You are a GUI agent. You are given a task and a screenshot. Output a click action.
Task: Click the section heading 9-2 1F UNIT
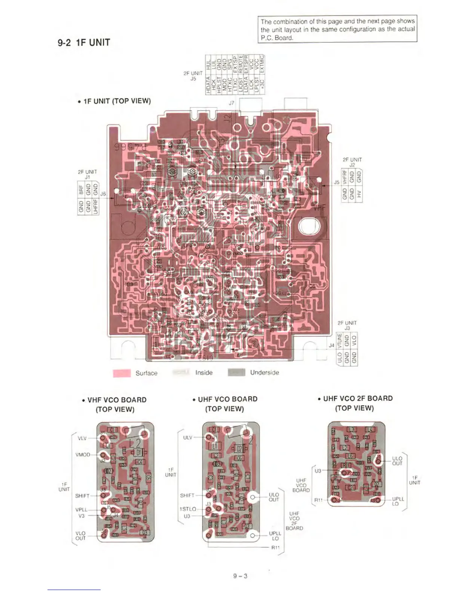click(84, 42)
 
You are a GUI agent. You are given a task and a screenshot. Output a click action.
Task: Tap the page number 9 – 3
click(240, 576)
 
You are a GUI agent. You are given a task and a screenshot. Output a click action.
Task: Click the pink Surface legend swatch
click(122, 373)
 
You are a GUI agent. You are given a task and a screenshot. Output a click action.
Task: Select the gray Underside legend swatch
click(236, 372)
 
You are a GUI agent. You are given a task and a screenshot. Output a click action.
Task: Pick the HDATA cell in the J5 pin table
click(208, 86)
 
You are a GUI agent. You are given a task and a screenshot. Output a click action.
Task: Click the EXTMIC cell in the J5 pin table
click(262, 64)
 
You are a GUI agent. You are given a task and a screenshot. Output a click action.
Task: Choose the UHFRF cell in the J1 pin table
click(96, 206)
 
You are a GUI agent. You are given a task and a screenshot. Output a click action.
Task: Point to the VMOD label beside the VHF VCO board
click(83, 454)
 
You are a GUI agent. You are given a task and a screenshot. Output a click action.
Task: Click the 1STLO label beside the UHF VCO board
click(188, 509)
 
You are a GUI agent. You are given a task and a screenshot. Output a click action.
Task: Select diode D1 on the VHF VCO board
click(138, 452)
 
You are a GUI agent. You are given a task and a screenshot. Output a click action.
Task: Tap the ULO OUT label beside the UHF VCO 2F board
click(397, 461)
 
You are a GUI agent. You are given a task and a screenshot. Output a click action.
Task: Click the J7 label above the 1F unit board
click(232, 103)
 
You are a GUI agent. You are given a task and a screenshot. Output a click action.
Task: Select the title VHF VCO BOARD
click(117, 400)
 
